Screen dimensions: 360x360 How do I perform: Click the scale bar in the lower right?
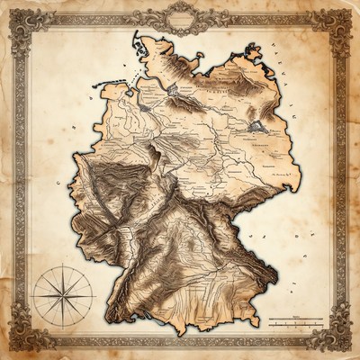(x=296, y=319)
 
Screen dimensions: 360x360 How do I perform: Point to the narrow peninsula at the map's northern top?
(x=137, y=40)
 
